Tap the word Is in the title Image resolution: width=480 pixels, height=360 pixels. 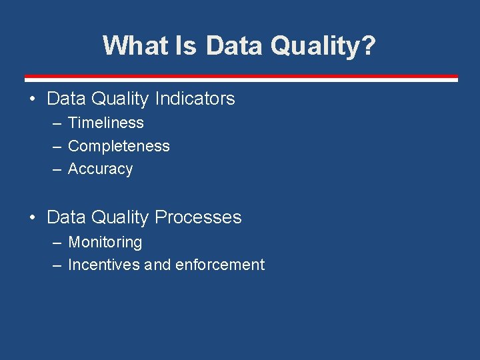pos(185,46)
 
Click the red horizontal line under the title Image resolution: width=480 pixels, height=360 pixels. pos(241,77)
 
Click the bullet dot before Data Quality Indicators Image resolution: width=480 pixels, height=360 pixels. pos(32,99)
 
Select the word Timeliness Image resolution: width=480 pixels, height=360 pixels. pos(106,123)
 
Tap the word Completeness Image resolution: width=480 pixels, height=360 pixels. pos(119,146)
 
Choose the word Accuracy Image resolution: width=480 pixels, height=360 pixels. pos(100,169)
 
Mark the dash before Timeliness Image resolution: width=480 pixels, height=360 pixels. pos(57,123)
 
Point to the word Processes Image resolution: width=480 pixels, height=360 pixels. pos(198,217)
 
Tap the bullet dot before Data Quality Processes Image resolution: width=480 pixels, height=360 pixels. pos(32,218)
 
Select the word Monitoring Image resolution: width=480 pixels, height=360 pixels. pos(105,242)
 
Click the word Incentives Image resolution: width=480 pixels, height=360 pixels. pos(104,265)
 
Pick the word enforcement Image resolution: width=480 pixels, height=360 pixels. pos(220,265)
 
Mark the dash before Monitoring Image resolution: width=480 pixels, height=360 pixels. pos(57,243)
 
